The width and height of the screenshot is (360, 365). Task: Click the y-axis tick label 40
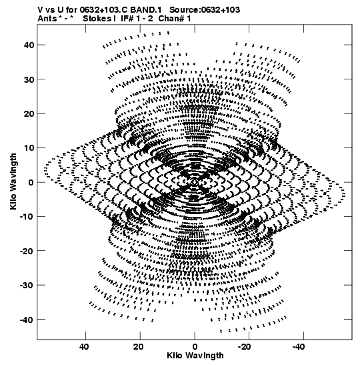[29, 45]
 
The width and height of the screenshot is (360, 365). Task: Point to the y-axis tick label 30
[29, 79]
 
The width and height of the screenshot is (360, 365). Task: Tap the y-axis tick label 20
[29, 113]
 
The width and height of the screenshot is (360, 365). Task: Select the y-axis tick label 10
[29, 148]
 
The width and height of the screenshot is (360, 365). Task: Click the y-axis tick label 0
[31, 182]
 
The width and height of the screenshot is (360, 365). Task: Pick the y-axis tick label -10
[27, 216]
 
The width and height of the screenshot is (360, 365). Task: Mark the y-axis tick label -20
[27, 251]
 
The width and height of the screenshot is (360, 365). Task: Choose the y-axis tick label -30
[27, 285]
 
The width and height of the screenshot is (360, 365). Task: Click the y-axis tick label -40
[27, 320]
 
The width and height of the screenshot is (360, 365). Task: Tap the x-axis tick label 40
[84, 347]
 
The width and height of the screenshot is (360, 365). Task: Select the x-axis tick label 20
[139, 347]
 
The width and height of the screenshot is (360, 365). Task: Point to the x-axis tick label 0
[195, 347]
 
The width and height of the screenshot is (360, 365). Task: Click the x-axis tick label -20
[245, 347]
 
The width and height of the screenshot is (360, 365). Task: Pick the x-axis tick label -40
[299, 347]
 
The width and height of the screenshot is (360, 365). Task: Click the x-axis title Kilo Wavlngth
[195, 356]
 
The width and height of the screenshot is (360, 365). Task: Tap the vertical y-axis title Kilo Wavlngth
[13, 181]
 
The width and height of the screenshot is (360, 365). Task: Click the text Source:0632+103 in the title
[205, 10]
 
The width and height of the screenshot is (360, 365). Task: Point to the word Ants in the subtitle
[47, 19]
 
